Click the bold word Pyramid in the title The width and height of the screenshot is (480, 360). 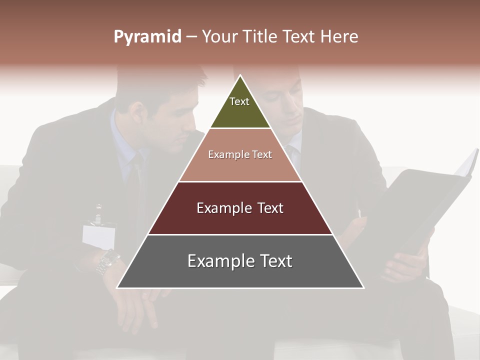click(x=147, y=37)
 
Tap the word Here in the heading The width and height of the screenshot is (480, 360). click(x=339, y=37)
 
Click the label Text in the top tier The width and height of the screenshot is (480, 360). click(x=239, y=101)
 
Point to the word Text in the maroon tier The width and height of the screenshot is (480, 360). click(x=267, y=208)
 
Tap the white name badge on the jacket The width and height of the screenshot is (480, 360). click(x=98, y=235)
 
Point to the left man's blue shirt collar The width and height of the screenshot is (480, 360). click(x=122, y=145)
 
